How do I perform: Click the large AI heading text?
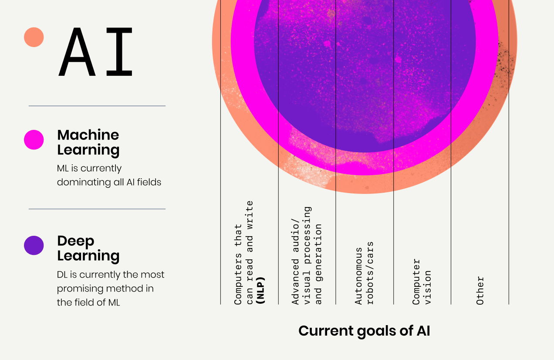click(x=96, y=52)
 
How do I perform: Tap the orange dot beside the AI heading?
click(x=34, y=37)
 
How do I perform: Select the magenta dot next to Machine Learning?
click(x=34, y=140)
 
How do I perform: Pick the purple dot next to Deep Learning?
click(x=34, y=245)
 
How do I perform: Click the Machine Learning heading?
click(x=88, y=142)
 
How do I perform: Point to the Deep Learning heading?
click(x=88, y=248)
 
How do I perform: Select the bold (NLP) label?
click(x=261, y=290)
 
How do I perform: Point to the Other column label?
click(x=480, y=290)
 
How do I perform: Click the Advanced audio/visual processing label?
click(x=307, y=255)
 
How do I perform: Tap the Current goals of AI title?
click(x=364, y=331)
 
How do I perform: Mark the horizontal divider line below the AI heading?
click(x=97, y=106)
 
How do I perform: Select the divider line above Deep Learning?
click(x=97, y=209)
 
